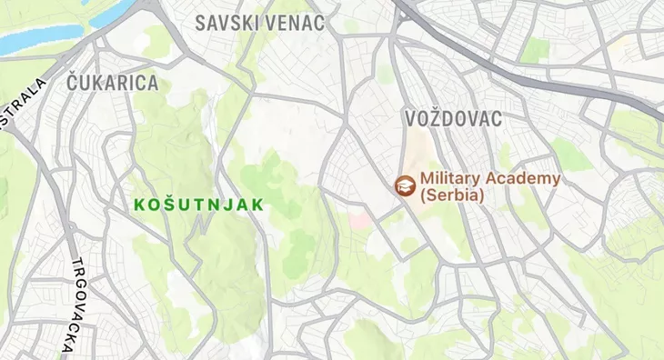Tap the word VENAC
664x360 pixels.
point(294,23)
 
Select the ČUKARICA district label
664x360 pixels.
point(113,83)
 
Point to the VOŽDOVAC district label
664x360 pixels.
point(452,118)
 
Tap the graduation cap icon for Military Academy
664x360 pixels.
point(402,185)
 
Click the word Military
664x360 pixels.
point(454,178)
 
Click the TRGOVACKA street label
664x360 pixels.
point(73,305)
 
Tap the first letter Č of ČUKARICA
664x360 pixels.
point(74,83)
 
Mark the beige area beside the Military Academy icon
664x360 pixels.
point(416,150)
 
